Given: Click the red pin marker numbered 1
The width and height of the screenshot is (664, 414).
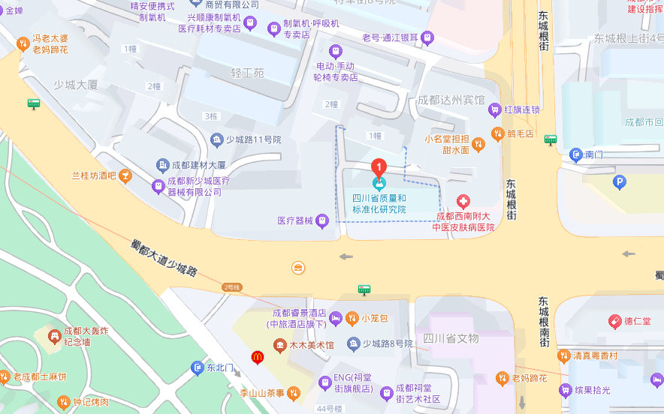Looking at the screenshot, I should pyautogui.click(x=380, y=166).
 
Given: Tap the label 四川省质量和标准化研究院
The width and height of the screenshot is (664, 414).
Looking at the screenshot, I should pyautogui.click(x=379, y=204).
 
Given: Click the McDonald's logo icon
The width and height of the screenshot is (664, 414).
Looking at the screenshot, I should pyautogui.click(x=257, y=357).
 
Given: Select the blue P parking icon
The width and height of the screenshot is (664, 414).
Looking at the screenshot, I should pyautogui.click(x=620, y=181).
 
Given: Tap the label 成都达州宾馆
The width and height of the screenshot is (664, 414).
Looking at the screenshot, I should pyautogui.click(x=451, y=100).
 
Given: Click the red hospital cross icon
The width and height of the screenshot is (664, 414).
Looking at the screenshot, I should pyautogui.click(x=464, y=201).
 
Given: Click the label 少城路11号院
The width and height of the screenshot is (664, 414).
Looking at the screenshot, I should pyautogui.click(x=253, y=139).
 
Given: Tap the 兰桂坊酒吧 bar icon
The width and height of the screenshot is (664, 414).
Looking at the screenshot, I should pyautogui.click(x=125, y=176).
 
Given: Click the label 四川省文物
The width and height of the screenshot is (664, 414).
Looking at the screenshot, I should pyautogui.click(x=451, y=338).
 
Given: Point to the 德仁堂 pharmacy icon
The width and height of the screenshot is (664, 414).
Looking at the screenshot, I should pyautogui.click(x=614, y=321).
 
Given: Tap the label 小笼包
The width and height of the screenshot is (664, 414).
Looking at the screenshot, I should pyautogui.click(x=373, y=318).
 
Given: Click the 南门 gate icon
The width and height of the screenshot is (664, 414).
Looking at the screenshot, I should pyautogui.click(x=576, y=155).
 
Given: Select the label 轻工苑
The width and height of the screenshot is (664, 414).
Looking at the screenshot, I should pyautogui.click(x=247, y=73).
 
